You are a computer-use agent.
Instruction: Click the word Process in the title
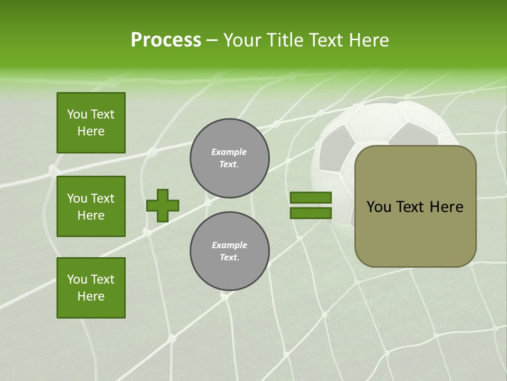(x=166, y=40)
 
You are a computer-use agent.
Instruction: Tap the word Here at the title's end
(x=368, y=40)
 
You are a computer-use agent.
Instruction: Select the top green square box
(x=91, y=123)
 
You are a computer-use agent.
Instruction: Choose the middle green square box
(x=91, y=206)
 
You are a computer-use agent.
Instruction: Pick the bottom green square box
(x=91, y=288)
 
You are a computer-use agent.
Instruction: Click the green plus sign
(x=163, y=205)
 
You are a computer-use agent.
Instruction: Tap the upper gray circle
(x=230, y=158)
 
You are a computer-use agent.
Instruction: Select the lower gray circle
(x=230, y=251)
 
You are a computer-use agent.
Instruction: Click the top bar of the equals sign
(x=311, y=198)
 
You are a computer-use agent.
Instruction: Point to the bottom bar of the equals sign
(x=311, y=213)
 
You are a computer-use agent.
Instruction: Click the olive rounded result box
(x=415, y=233)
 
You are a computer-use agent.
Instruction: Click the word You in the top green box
(x=77, y=114)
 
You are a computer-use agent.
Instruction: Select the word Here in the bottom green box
(x=91, y=296)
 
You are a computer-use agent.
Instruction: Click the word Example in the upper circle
(x=229, y=152)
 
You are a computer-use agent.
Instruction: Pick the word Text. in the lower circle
(x=229, y=258)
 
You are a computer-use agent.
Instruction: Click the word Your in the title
(x=241, y=40)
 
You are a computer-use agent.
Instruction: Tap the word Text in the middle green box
(x=102, y=198)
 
